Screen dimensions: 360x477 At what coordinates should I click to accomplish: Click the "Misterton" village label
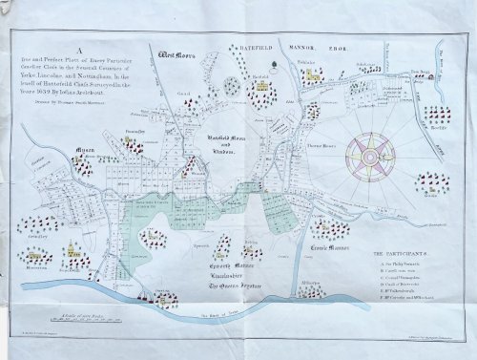pyautogui.click(x=37, y=268)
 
